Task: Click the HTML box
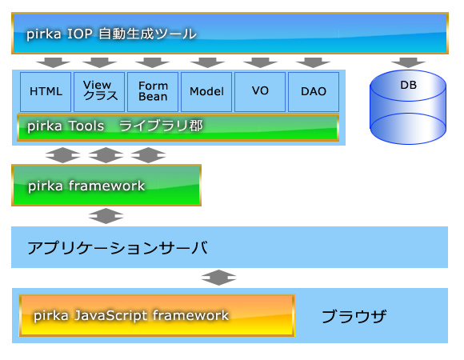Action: pos(46,92)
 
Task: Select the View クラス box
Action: pos(99,92)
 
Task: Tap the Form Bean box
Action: pos(153,92)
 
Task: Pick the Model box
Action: pos(206,92)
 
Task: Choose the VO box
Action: pos(260,92)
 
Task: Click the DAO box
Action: pos(314,92)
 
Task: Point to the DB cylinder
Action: pos(408,107)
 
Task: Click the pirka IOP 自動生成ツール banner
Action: pos(230,33)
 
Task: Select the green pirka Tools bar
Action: pos(178,127)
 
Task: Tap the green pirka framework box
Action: pos(106,185)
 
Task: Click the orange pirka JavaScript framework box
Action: pos(157,315)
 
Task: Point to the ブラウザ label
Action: pos(354,316)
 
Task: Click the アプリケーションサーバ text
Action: pos(118,247)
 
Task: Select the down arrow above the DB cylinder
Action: pos(408,62)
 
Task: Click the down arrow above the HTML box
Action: pos(53,62)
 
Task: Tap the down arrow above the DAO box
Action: pos(313,62)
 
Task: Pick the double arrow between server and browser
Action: pos(218,278)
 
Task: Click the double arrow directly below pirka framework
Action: pos(106,216)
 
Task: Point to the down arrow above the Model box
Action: pos(207,62)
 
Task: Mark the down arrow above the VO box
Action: pos(260,62)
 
